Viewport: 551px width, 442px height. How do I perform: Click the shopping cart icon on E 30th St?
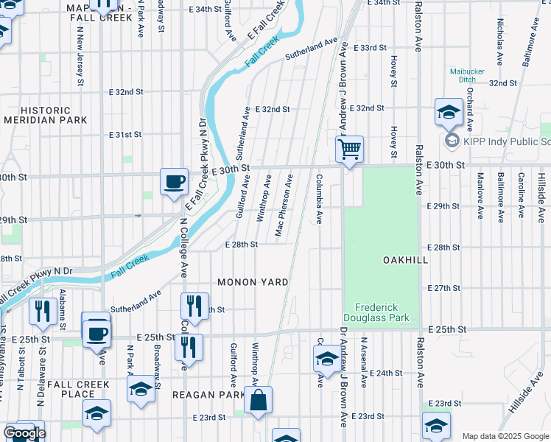coord(350,149)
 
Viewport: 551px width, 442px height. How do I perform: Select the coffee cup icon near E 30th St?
coord(175,182)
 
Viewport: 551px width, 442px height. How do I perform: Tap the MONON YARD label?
coord(252,282)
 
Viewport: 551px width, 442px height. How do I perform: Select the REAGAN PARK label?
coord(208,395)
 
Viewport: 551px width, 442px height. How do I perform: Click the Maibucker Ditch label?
coord(467,76)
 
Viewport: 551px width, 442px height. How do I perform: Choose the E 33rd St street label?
coord(370,47)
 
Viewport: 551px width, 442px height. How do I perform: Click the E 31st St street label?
coord(124,135)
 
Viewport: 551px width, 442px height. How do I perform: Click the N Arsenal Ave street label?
coord(363,362)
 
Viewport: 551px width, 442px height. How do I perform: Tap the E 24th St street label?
coord(388,373)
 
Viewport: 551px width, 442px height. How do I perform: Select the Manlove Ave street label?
coord(480,197)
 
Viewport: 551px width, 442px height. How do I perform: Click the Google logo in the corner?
coord(24,433)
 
